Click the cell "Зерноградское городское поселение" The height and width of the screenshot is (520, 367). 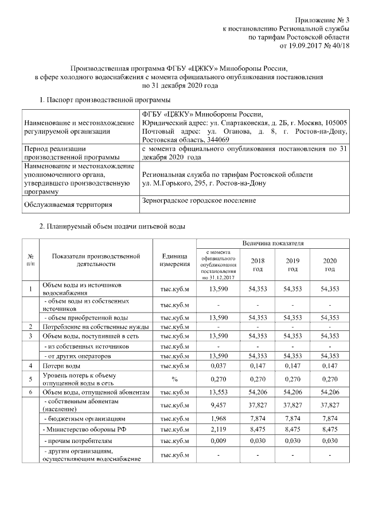(x=198, y=201)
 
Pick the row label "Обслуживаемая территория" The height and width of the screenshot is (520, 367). (x=68, y=204)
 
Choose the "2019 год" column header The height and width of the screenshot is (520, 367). (x=292, y=265)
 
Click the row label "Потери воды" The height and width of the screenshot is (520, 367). (x=58, y=365)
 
